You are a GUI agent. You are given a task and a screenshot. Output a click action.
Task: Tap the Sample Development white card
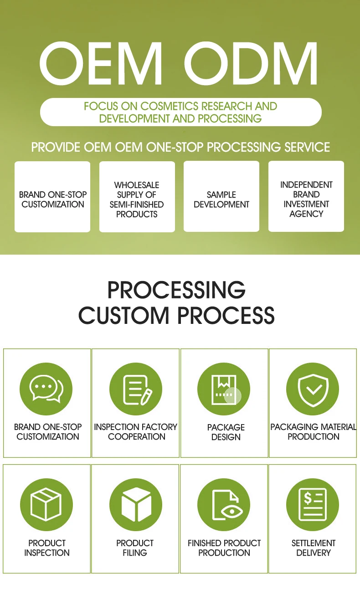pos(221,196)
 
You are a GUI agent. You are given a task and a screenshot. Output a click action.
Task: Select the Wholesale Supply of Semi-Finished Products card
pos(137,197)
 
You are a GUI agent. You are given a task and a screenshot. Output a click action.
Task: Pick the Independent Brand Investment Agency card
pos(306,196)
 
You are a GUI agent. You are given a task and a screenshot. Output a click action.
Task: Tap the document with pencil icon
pos(136,389)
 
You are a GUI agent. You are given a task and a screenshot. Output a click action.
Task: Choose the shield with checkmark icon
pos(313,389)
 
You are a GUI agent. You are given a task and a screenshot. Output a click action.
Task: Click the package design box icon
pos(224,389)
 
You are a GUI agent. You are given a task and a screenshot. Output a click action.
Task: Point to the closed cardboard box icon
pos(46,505)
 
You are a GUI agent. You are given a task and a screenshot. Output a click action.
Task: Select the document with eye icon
pos(224,505)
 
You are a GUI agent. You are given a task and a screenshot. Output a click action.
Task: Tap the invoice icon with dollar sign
pos(313,505)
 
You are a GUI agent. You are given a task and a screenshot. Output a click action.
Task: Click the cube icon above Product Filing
pos(136,505)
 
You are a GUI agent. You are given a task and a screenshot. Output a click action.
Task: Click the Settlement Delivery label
pos(314,548)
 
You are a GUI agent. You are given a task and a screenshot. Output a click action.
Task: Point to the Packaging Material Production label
pos(314,432)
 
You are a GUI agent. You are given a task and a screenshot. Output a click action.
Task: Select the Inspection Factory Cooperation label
pos(136,432)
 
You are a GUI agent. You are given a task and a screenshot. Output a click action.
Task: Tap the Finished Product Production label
pos(224,548)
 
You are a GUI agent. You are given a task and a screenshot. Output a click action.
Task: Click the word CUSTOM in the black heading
pos(123,315)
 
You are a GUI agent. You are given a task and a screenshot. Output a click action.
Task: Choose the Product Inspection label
pos(47,548)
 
